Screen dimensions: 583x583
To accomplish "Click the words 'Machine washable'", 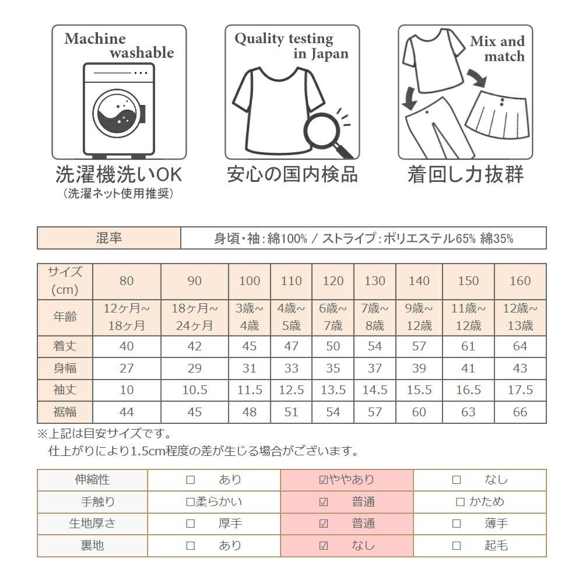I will coord(119,46).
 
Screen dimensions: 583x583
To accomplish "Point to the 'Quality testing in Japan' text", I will coord(291,46).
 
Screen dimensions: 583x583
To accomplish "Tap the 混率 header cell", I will coord(109,238).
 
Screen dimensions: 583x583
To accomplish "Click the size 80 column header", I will coord(127,281).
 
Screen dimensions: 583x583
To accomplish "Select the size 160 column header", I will coord(520,281).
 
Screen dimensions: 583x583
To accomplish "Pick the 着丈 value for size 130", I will coord(375,347).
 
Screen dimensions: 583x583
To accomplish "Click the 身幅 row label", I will coord(65,368).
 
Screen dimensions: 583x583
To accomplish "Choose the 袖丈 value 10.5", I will coord(195,390).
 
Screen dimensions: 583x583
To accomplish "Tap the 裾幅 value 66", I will coord(520,412).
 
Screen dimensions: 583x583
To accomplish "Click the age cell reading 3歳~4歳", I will coord(250,317).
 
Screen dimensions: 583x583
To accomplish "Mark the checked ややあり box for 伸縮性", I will coord(324,480).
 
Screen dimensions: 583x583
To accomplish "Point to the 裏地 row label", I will coord(92,546).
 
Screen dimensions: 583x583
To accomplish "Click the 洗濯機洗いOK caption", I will coord(119,174).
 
